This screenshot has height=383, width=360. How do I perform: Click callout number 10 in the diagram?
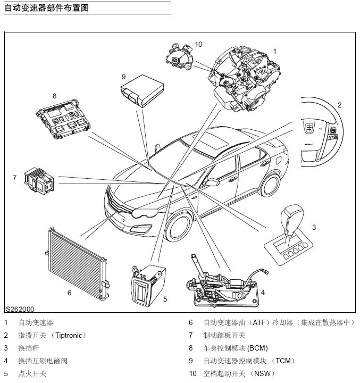199,45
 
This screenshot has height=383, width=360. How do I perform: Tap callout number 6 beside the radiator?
69,293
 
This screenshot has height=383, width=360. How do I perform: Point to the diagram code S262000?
21,309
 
